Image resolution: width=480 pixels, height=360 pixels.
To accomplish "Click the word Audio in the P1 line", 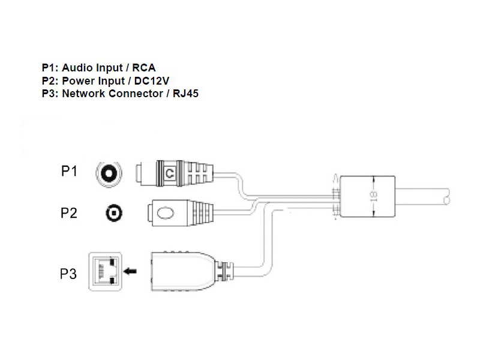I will [76, 68].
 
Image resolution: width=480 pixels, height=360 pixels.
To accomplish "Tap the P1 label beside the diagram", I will [70, 172].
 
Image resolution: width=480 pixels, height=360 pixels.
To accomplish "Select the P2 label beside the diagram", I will [70, 212].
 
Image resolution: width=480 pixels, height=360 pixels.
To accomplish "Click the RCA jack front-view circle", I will [109, 173].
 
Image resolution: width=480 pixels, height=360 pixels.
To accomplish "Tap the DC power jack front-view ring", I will [114, 213].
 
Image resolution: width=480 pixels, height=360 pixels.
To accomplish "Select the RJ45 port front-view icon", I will [104, 271].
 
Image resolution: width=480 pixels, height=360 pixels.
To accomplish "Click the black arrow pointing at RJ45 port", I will [129, 271].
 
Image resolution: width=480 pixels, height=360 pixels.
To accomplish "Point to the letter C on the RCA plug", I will [170, 173].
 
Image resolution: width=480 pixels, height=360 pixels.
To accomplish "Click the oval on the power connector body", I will [166, 212].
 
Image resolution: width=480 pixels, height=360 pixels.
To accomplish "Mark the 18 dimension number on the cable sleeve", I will [373, 196].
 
